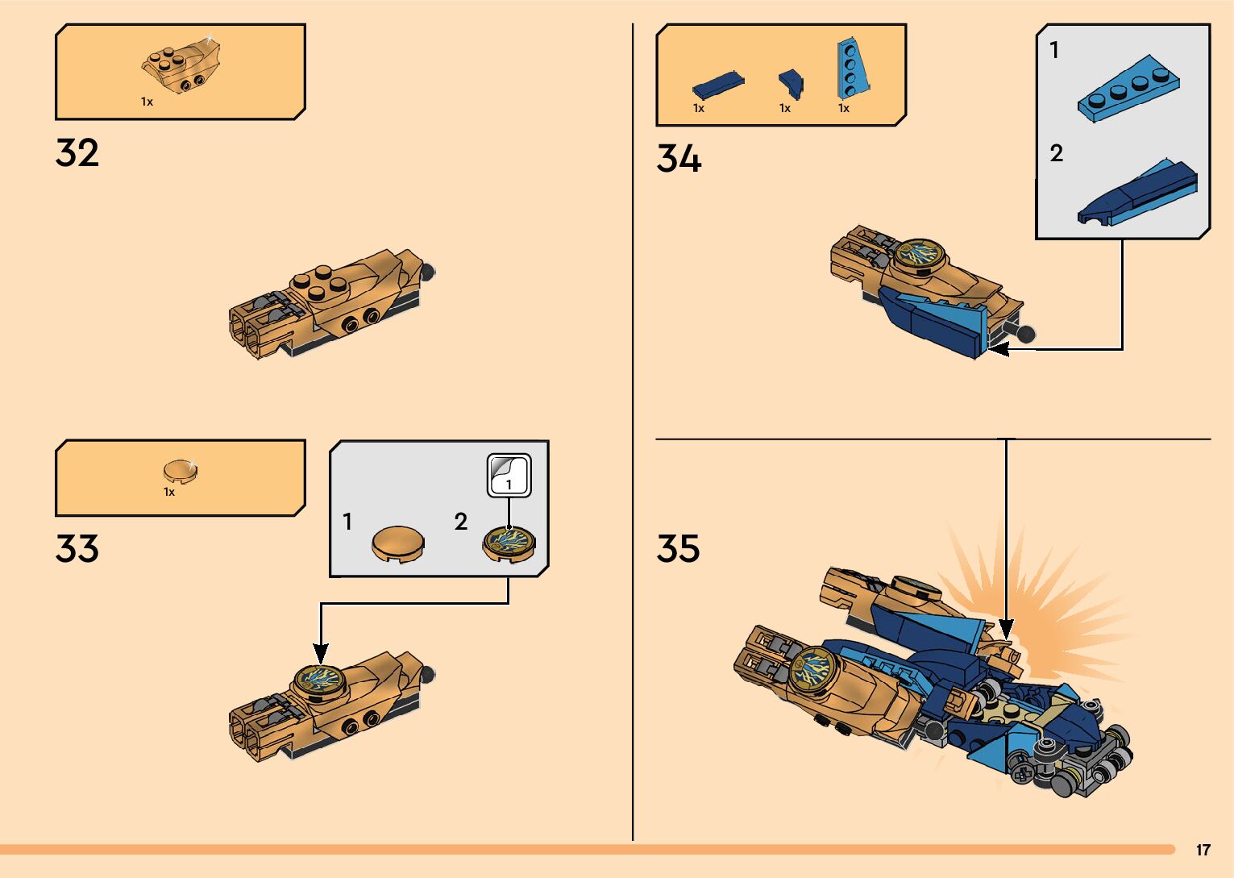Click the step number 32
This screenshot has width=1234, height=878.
[77, 153]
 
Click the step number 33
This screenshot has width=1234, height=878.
[77, 549]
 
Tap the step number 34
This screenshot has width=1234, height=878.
[679, 159]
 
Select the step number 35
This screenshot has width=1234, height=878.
[679, 549]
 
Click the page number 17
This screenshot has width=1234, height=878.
[1203, 851]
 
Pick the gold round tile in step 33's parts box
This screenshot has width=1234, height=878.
[180, 471]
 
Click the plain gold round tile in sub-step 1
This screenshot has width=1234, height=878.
[398, 543]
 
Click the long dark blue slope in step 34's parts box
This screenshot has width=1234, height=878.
[717, 84]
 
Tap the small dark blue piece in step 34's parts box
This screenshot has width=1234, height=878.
[791, 82]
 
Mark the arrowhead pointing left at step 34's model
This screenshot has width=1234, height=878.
[999, 349]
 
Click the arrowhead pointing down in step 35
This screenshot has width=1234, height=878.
[1006, 628]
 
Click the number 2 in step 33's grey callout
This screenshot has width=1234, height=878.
[461, 522]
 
